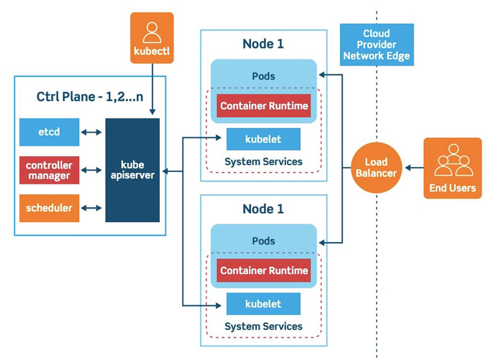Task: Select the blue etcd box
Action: point(49,132)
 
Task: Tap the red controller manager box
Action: point(49,170)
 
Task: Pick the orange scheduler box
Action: point(49,208)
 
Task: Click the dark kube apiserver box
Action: point(132,169)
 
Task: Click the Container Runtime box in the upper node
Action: point(263,106)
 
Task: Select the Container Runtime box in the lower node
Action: point(263,271)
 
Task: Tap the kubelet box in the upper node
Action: point(263,139)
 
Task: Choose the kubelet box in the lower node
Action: point(263,304)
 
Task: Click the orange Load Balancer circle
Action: point(376,168)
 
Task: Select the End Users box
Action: point(452,168)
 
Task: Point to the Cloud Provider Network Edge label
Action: point(376,44)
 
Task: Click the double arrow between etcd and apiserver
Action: point(92,132)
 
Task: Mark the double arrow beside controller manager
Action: point(92,170)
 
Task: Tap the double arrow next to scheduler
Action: point(92,208)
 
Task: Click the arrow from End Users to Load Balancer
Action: point(412,168)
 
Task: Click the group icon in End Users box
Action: point(452,160)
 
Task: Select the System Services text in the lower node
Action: point(263,326)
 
